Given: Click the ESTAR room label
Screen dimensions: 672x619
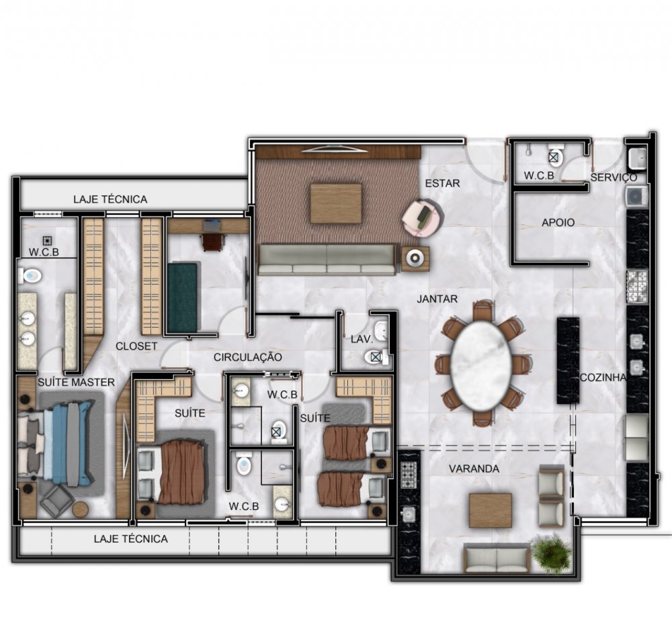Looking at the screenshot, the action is [442, 183].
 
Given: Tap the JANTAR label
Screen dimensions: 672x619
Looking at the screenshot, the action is [437, 299].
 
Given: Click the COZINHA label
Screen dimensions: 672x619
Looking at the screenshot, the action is [603, 377].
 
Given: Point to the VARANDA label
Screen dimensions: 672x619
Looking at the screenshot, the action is [474, 469].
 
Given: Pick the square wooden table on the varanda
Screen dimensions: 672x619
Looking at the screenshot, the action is [491, 511].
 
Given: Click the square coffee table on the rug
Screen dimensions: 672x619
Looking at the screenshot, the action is [336, 203].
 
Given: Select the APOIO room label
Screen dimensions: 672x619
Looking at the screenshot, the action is [558, 223].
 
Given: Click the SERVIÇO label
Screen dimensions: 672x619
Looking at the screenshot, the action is [614, 177].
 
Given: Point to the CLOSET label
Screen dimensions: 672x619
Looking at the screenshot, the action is [136, 346].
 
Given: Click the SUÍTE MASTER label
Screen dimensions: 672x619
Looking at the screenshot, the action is [77, 382].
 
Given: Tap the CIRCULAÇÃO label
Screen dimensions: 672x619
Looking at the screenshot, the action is [248, 357].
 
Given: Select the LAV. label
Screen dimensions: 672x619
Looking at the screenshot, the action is [362, 339].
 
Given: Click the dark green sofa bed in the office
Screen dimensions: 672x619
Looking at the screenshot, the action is [183, 297].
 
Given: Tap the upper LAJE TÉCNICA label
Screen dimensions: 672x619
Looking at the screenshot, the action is [110, 199].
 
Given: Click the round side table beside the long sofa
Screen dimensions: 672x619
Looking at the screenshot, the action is [415, 258].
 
